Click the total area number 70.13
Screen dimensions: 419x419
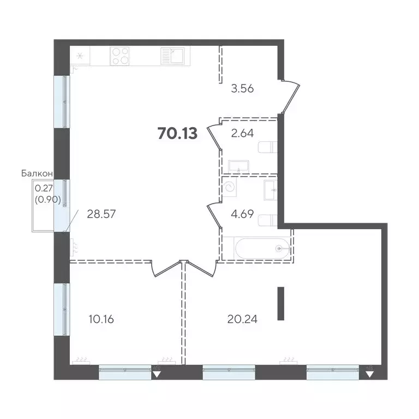(x=177, y=133)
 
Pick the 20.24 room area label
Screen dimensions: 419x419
(x=242, y=318)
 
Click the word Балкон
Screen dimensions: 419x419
(x=37, y=173)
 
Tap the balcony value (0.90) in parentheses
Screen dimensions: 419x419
(x=47, y=199)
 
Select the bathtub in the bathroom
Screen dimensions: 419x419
(x=259, y=248)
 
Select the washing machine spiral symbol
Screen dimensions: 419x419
(x=231, y=187)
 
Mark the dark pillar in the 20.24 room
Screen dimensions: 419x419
(x=281, y=303)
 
